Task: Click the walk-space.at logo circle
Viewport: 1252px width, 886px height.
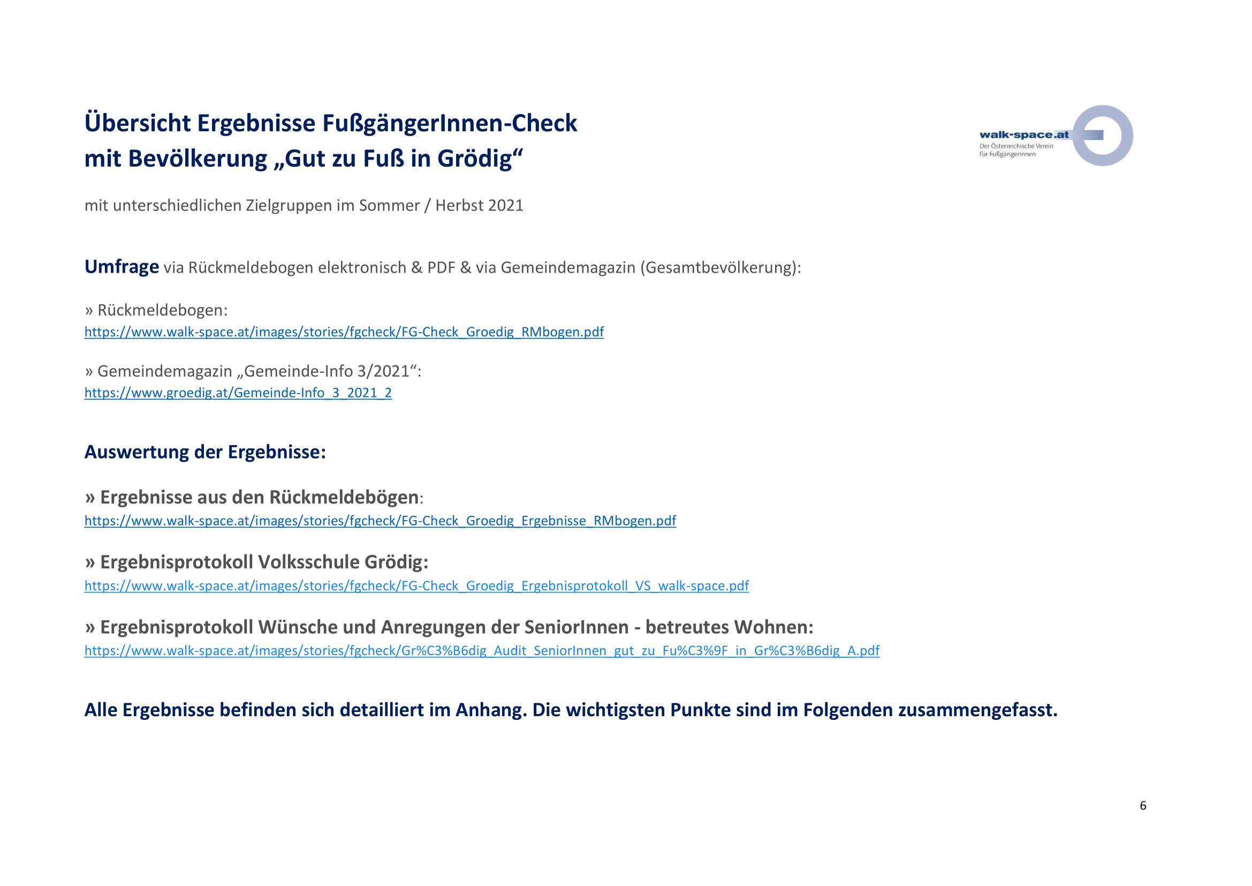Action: coord(1102,136)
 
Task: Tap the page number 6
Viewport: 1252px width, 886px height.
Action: coord(1143,805)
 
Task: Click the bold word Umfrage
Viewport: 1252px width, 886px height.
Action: coord(122,267)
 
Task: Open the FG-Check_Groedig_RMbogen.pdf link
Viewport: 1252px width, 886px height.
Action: coord(344,332)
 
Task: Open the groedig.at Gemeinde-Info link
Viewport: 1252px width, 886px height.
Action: coord(238,393)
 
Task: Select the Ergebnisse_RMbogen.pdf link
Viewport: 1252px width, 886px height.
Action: coord(380,521)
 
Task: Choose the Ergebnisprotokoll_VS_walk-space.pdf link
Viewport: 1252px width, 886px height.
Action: coord(416,585)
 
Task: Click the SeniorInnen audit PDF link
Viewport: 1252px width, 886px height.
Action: coord(482,650)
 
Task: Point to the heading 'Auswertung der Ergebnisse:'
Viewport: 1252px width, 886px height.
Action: coord(205,452)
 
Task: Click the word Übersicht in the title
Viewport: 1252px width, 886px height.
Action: coord(137,123)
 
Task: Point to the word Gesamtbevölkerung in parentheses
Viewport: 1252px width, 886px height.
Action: coord(718,267)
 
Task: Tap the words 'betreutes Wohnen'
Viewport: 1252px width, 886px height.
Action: coord(729,627)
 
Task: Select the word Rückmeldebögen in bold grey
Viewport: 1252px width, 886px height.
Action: coord(344,497)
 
